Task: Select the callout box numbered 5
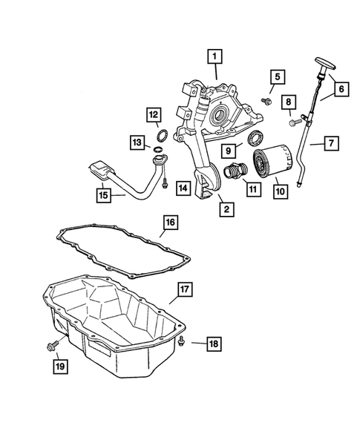277,76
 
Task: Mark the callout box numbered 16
169,223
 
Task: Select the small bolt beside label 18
181,341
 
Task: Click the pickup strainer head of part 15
100,170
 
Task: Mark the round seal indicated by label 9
257,136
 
